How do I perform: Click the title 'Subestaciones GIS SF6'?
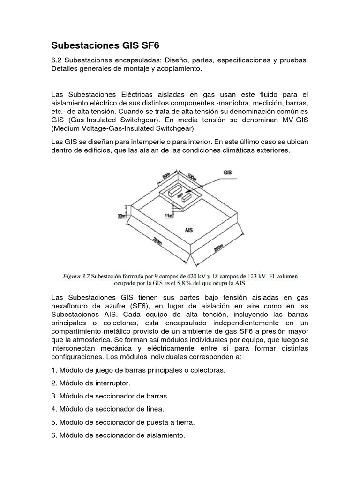coord(108,46)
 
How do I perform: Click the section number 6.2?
coord(57,60)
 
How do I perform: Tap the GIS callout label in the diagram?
coord(227,172)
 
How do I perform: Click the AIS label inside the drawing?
coord(189,230)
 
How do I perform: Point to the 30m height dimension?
coord(122,216)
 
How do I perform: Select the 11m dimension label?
coord(169,215)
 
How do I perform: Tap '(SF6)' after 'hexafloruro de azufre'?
coord(140,306)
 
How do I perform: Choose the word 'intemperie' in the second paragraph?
coord(135,142)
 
